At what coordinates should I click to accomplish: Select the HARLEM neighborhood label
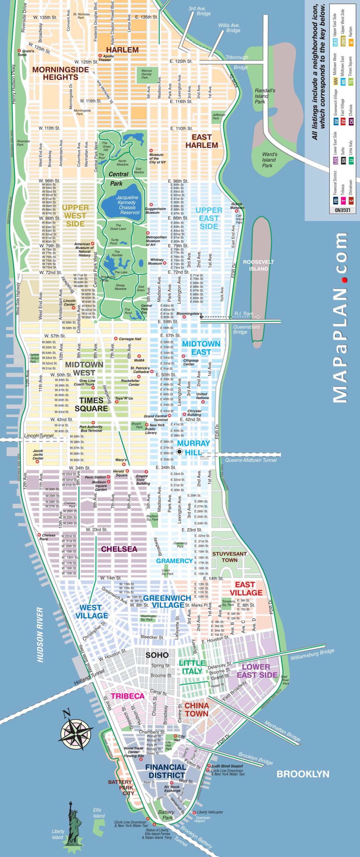122,50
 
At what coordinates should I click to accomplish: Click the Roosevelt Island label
258,265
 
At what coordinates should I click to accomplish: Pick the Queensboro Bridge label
246,329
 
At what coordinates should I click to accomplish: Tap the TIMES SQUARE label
91,404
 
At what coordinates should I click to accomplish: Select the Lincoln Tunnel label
39,436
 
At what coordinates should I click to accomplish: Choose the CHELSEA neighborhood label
119,549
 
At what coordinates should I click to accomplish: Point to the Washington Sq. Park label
149,618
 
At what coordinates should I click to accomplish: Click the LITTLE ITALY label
192,667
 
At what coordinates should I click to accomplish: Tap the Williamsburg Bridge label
312,654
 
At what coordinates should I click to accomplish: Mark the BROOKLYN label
303,774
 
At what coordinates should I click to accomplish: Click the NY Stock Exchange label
172,789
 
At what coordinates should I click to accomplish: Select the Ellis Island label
99,813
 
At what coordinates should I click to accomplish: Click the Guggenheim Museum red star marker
151,204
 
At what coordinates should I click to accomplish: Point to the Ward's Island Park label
269,160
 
